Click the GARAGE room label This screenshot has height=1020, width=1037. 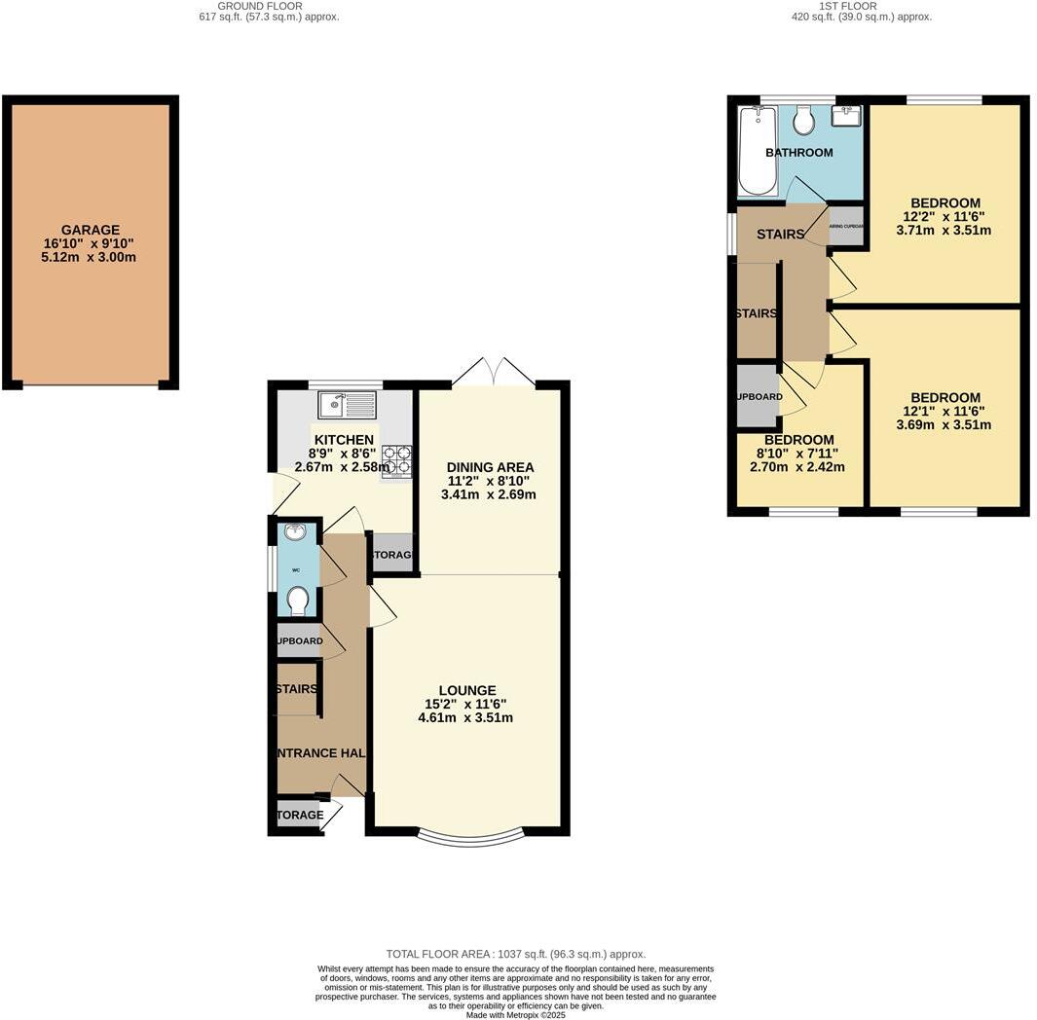(x=90, y=231)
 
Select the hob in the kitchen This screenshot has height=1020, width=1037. (x=397, y=461)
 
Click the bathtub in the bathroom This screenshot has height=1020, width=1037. (x=758, y=151)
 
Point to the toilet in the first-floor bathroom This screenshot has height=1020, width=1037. (x=804, y=120)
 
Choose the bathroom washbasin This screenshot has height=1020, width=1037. (x=846, y=117)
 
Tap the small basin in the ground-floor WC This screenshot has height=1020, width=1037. (x=295, y=532)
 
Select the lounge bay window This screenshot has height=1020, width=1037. (x=469, y=837)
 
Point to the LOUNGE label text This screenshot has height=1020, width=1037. (x=466, y=690)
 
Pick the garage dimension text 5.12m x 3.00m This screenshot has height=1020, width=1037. (x=90, y=257)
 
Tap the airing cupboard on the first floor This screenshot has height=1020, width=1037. (x=845, y=226)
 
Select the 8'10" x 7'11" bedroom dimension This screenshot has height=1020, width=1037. (x=797, y=453)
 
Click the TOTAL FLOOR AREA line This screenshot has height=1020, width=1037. (x=516, y=954)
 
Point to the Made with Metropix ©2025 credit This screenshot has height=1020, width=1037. (x=516, y=1015)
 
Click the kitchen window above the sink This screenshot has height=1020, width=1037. (x=345, y=384)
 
